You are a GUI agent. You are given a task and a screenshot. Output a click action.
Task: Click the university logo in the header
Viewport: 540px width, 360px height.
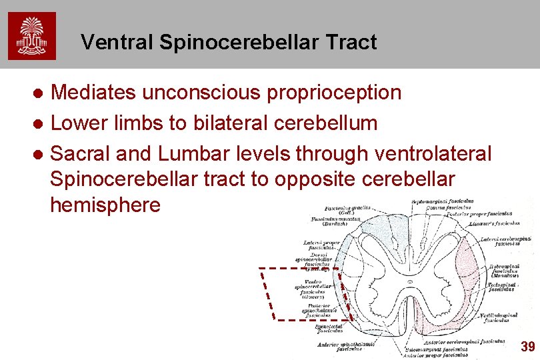(32, 37)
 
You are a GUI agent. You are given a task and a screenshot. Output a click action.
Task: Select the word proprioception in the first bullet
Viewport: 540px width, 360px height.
(334, 93)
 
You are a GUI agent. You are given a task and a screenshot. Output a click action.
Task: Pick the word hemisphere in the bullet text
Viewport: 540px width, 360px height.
(105, 205)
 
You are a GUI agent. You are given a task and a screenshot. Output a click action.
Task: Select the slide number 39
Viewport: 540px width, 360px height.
(528, 346)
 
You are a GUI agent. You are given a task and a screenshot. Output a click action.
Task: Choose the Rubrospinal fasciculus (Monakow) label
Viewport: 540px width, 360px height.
(509, 269)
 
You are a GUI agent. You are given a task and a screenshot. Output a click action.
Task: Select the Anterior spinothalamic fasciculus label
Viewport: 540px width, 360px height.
(347, 346)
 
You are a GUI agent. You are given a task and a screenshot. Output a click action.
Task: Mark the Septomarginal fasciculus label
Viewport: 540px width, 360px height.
(443, 200)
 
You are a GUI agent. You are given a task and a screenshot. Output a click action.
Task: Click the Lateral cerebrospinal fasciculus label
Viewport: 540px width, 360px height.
(513, 241)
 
